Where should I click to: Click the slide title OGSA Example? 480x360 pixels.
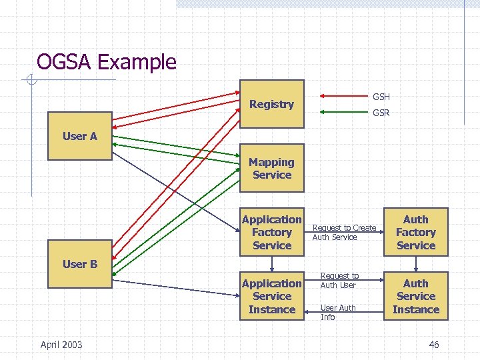pyautogui.click(x=107, y=62)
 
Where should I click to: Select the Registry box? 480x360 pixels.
pyautogui.click(x=271, y=104)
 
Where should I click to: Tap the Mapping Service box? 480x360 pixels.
pyautogui.click(x=271, y=168)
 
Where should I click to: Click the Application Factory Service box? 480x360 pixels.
pyautogui.click(x=271, y=232)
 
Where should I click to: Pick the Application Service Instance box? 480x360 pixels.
pyautogui.click(x=271, y=296)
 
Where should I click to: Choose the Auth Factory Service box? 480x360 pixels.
pyautogui.click(x=415, y=232)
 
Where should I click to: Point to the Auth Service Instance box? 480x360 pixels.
pyautogui.click(x=415, y=296)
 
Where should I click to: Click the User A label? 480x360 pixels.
pyautogui.click(x=80, y=136)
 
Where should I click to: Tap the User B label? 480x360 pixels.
pyautogui.click(x=80, y=264)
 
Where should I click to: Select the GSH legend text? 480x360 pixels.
pyautogui.click(x=381, y=97)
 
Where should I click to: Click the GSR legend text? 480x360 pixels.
pyautogui.click(x=381, y=113)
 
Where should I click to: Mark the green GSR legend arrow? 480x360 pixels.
pyautogui.click(x=343, y=111)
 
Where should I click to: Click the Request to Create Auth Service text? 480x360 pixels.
pyautogui.click(x=344, y=232)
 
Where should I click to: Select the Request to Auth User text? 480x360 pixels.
pyautogui.click(x=339, y=280)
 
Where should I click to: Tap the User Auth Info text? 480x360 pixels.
pyautogui.click(x=338, y=312)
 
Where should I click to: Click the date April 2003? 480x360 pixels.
pyautogui.click(x=61, y=344)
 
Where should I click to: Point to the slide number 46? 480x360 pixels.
pyautogui.click(x=433, y=344)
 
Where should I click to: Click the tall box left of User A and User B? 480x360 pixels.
pyautogui.click(x=80, y=200)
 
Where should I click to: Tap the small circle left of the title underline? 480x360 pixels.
pyautogui.click(x=31, y=81)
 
